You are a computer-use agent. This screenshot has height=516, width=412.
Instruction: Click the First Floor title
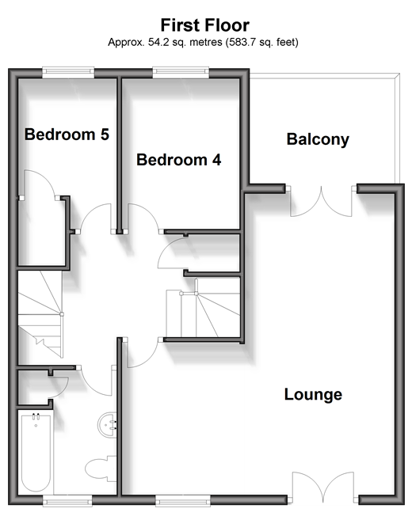coord(205,25)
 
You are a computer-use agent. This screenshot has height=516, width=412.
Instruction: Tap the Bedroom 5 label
coord(67,135)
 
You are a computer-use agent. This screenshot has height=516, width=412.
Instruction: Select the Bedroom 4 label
coord(179,160)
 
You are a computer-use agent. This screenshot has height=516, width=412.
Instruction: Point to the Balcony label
coord(318,139)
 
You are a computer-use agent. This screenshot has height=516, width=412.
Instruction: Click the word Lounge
coord(313,394)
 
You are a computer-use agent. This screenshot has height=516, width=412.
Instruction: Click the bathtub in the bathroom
coord(36,453)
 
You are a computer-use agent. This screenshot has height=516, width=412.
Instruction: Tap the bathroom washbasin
coord(107,424)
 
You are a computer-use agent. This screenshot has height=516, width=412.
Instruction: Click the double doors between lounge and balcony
coord(321,201)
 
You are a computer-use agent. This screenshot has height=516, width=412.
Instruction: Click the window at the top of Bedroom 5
coord(68,72)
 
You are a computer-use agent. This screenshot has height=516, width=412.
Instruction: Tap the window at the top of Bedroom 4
coord(181,72)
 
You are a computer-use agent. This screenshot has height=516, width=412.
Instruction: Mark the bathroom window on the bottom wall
coord(68,500)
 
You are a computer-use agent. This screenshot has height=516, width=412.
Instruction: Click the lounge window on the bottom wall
coord(182,500)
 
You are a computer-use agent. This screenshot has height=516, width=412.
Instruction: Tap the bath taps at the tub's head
coord(36,416)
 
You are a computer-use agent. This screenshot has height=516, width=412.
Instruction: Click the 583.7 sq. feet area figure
coord(261,42)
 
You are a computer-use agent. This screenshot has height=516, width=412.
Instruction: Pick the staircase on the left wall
coord(40,314)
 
